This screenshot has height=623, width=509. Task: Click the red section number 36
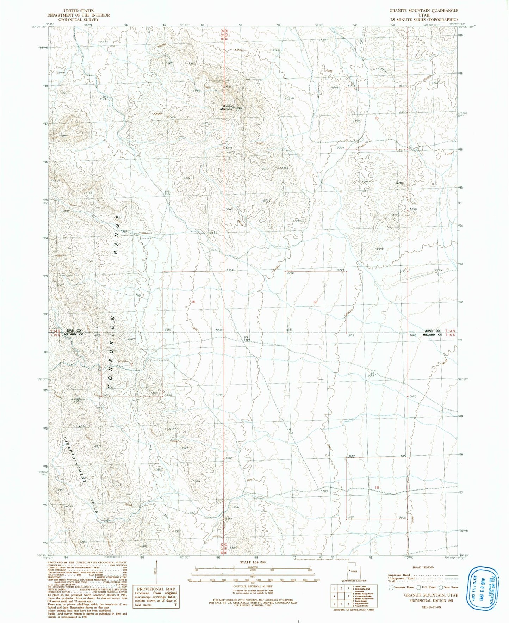pyautogui.click(x=192, y=302)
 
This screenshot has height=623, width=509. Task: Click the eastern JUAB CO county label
pyautogui.click(x=433, y=331)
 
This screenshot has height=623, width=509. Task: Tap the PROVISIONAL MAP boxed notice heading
pyautogui.click(x=156, y=589)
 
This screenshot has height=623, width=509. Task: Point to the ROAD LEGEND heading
pyautogui.click(x=422, y=567)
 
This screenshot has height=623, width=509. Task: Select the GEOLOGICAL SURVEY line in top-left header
pyautogui.click(x=79, y=20)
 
